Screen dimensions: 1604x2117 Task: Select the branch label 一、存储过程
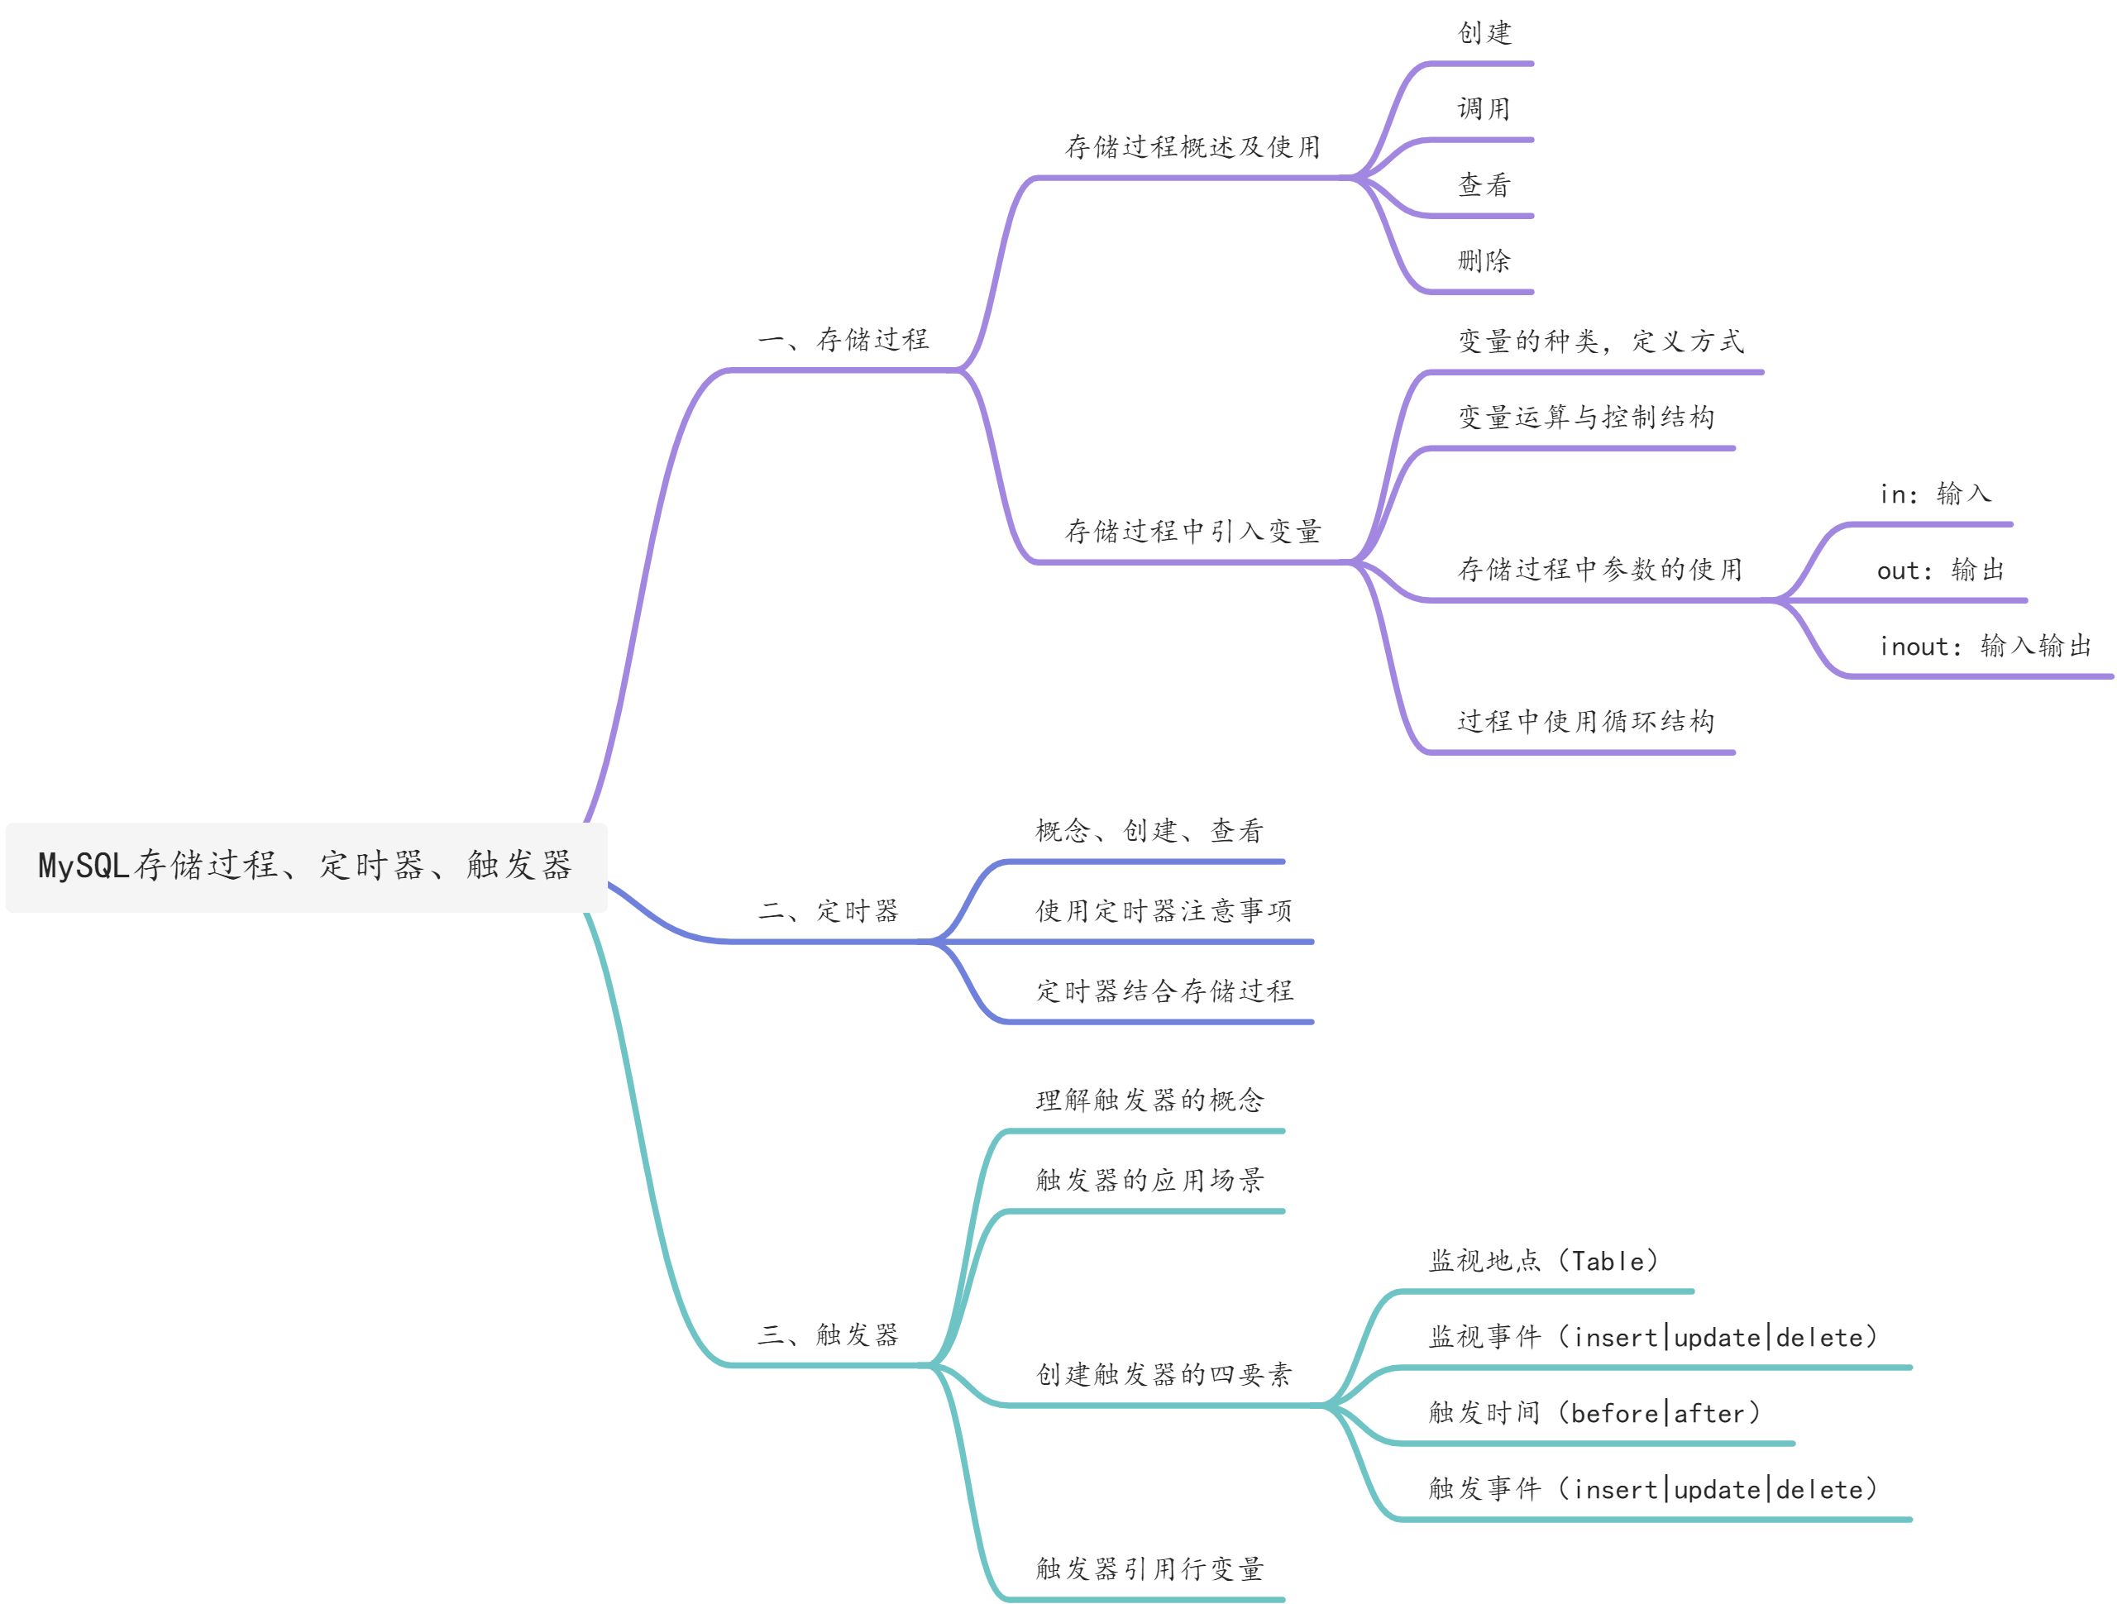point(843,340)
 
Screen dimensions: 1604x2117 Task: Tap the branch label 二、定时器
point(829,911)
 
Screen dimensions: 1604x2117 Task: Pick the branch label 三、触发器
point(829,1335)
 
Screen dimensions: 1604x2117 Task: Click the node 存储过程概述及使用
point(1193,147)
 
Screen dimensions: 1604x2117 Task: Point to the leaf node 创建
point(1484,34)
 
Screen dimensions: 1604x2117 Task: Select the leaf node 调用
point(1484,109)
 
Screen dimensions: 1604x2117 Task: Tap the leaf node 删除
point(1484,260)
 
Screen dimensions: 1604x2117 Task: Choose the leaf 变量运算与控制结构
point(1586,418)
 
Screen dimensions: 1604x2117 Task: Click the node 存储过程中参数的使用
point(1600,570)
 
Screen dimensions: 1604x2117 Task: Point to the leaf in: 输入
point(1935,494)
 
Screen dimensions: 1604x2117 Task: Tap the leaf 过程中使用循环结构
point(1586,722)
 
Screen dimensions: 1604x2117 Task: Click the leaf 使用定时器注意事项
point(1164,911)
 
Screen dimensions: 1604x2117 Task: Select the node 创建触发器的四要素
point(1164,1375)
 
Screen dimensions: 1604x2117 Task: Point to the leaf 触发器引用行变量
point(1149,1569)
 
